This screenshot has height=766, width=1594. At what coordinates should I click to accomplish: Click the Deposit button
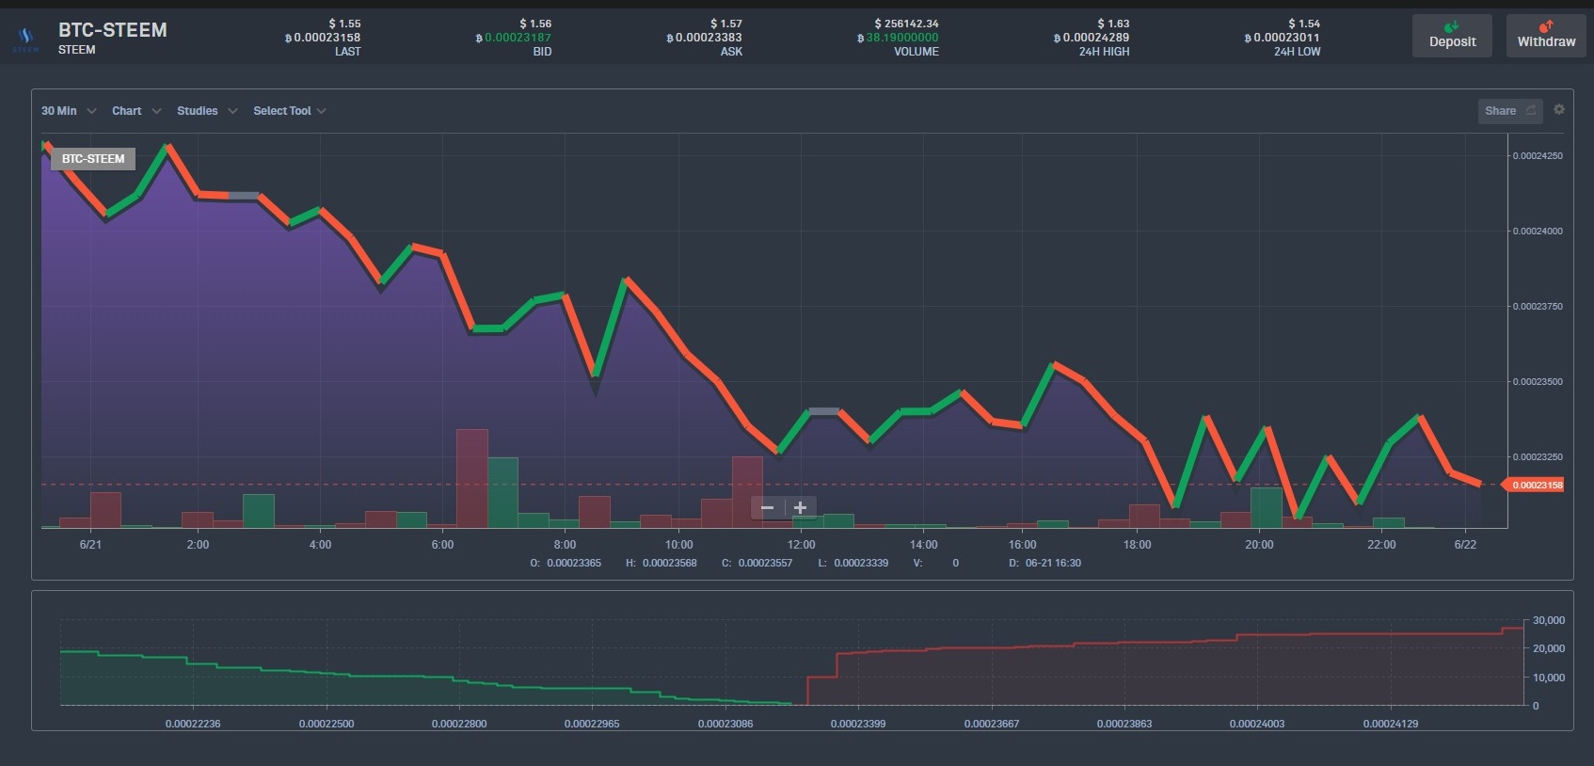click(1452, 36)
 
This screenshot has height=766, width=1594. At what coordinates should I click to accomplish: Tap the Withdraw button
click(1546, 36)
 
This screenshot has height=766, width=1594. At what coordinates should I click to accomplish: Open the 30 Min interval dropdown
click(68, 111)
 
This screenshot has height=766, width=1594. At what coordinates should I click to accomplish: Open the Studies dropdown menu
click(206, 111)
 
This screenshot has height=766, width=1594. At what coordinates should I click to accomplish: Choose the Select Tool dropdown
click(289, 111)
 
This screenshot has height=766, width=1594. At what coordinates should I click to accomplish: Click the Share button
click(1509, 111)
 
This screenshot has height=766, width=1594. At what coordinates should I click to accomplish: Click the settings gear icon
click(1559, 109)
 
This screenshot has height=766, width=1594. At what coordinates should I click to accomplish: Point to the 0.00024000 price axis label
click(1538, 231)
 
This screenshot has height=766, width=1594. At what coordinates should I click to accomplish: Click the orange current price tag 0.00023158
click(1537, 486)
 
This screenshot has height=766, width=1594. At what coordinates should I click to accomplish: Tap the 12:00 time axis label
click(802, 545)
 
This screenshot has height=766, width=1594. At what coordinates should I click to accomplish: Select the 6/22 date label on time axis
click(1465, 545)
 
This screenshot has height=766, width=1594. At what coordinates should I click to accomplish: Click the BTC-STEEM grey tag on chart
click(93, 159)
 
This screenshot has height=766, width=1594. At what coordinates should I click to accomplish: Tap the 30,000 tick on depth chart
click(1548, 621)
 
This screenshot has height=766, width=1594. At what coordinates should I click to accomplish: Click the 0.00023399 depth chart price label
click(858, 724)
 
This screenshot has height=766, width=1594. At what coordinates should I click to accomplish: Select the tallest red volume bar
click(472, 478)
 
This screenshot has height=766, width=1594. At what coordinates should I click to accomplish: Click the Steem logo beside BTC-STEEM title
click(25, 39)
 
